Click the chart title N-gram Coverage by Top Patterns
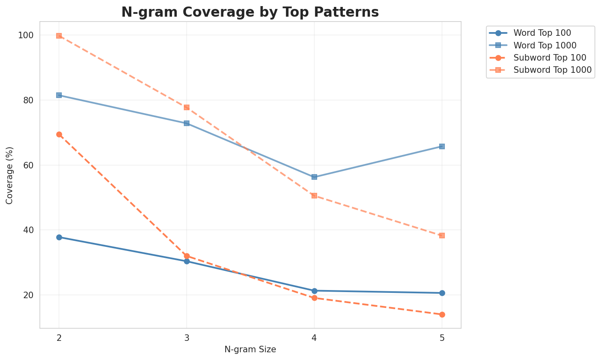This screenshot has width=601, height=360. coord(250,12)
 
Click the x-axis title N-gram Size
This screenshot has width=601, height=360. coord(250,349)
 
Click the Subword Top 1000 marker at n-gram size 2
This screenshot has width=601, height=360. coord(59,36)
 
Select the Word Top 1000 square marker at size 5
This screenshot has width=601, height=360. coord(442,146)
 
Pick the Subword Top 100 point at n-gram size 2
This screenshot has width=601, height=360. coord(59,134)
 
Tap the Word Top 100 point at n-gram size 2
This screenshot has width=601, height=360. coord(59,237)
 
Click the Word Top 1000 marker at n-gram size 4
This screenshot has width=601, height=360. coord(314,177)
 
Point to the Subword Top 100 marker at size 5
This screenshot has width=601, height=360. coord(442,314)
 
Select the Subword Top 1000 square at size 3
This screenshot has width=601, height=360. coord(187,107)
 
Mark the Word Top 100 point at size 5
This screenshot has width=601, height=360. coord(442,293)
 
